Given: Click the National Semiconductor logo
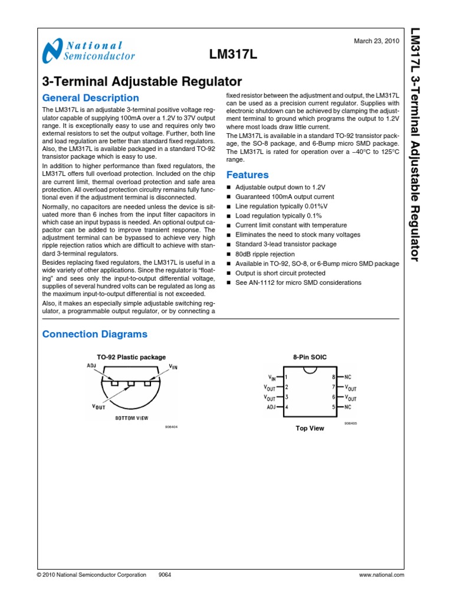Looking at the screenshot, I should pos(89,51).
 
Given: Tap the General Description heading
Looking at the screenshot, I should pos(91,98).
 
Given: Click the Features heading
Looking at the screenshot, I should pos(247,175).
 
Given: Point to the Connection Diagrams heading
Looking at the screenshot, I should pos(94,334).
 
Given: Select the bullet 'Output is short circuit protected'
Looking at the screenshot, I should pos(280,273).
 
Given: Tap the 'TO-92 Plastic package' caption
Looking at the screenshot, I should pos(131,357).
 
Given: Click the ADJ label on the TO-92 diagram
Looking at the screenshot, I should pos(91,366).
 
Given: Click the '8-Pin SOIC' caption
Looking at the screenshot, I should pos(309,357).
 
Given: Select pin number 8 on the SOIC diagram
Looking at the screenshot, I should pos(334,376).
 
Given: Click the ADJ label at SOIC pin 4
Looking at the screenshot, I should pos(271,407).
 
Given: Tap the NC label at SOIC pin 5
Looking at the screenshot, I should pos(348,407).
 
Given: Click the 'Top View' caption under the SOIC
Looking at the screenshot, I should pos(310,428).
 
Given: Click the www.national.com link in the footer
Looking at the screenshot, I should pos(381,575).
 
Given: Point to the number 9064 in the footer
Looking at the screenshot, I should pos(165,575).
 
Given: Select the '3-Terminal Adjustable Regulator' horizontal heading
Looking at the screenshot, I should pos(142,81).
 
